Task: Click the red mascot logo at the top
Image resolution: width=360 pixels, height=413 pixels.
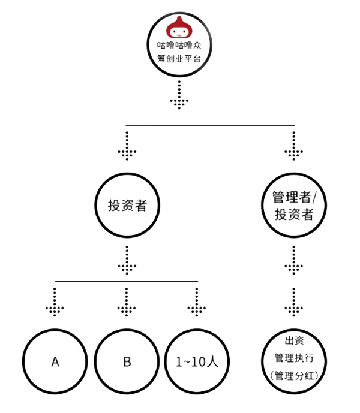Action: [178, 25]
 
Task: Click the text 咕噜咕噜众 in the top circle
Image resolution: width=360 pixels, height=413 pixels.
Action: [178, 44]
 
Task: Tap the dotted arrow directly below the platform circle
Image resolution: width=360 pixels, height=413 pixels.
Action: [179, 96]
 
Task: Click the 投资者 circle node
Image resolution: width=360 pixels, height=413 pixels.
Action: [127, 206]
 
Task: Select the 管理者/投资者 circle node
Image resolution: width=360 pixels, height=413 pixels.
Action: [293, 206]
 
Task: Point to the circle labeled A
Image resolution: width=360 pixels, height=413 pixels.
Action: [55, 362]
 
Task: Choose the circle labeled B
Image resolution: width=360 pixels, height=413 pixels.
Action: [127, 362]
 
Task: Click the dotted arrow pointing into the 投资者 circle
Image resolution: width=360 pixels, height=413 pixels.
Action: [127, 147]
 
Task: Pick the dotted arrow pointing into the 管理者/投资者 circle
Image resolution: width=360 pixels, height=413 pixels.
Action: [293, 147]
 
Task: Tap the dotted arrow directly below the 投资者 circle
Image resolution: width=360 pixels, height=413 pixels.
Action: [127, 259]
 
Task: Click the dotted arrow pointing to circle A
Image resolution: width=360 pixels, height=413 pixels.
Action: [55, 303]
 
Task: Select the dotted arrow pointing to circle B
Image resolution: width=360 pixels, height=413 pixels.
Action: [127, 303]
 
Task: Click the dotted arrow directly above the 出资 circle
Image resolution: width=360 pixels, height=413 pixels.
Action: [293, 303]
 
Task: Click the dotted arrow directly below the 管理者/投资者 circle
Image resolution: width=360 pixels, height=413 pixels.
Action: [293, 259]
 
